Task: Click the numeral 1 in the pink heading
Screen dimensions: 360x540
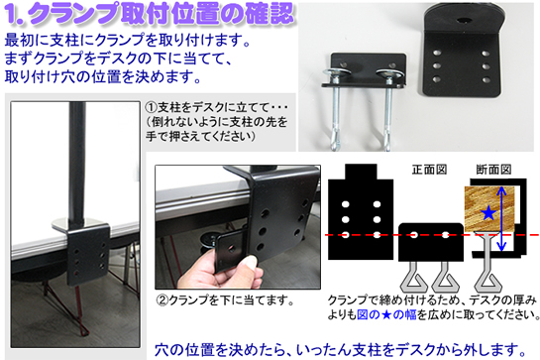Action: (13, 14)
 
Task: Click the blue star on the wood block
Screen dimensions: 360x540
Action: (488, 212)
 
